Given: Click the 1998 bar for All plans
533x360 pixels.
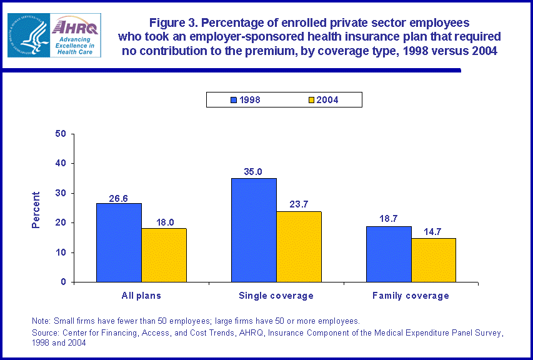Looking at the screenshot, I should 119,242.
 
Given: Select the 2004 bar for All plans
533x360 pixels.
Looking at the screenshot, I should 164,255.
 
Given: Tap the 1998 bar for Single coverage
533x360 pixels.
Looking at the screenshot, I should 254,230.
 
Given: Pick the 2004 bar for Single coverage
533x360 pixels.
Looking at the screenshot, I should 299,247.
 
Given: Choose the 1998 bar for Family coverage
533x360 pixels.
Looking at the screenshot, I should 389,254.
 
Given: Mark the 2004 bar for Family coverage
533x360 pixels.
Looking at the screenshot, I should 434,260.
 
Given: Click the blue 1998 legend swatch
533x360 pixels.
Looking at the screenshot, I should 234,100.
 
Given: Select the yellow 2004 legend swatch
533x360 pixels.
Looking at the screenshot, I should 312,100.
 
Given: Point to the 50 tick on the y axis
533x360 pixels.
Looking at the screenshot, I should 61,134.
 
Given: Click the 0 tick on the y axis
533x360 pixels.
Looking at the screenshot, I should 64,282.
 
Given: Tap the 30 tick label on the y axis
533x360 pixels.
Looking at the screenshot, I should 61,193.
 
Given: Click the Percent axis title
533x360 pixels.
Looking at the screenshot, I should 36,209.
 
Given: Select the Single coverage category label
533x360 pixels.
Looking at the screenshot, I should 276,296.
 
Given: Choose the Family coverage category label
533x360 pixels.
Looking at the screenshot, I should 411,296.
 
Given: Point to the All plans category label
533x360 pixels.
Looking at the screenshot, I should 141,296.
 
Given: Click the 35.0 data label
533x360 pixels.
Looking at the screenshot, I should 254,171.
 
